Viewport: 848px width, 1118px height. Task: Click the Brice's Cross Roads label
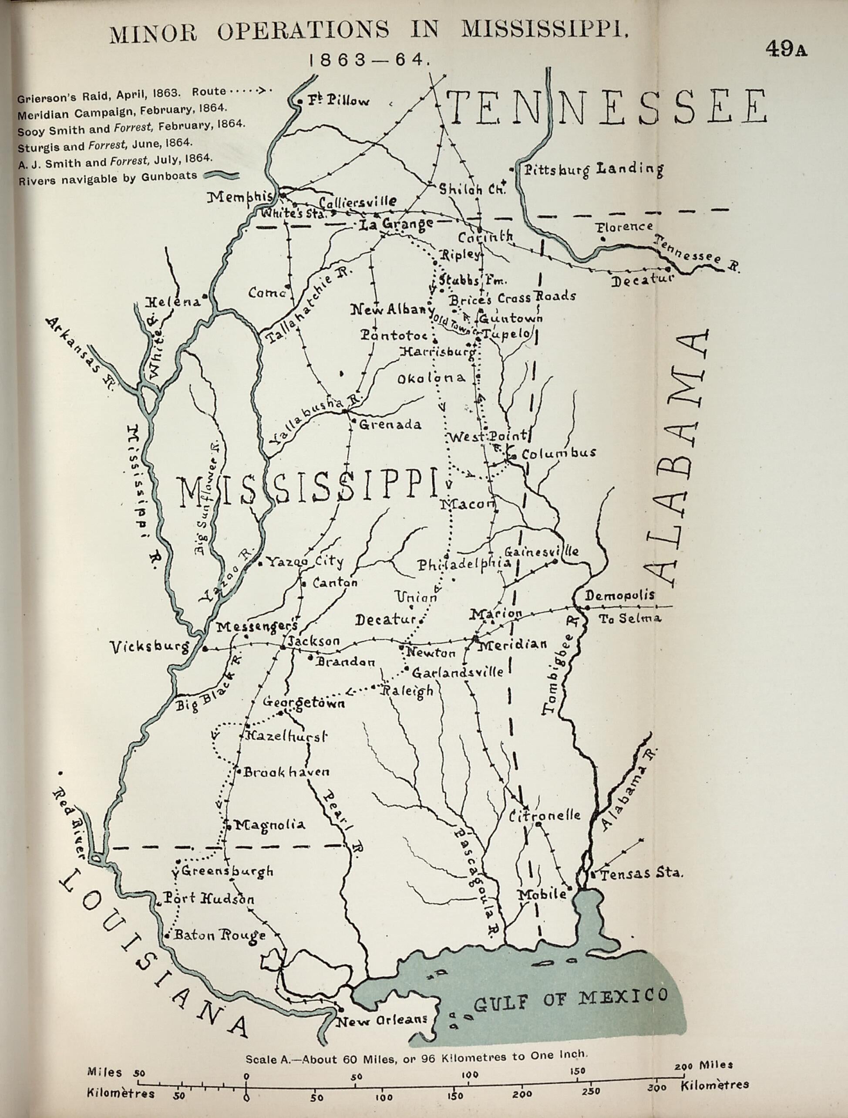click(513, 297)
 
